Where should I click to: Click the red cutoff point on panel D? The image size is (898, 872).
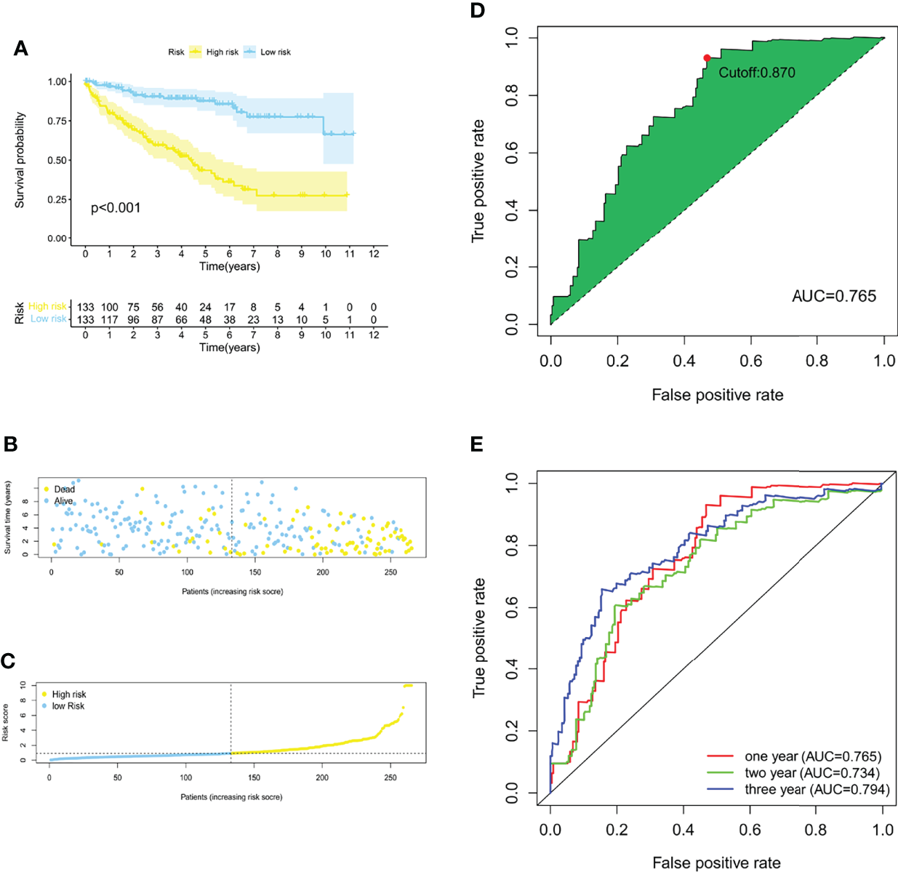point(707,58)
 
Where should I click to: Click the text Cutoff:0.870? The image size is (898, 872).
point(756,73)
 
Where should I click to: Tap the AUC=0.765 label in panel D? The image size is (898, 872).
point(834,296)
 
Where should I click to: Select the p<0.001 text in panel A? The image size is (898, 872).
point(116,208)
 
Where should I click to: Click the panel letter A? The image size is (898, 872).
point(21,49)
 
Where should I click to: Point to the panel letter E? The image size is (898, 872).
point(477,444)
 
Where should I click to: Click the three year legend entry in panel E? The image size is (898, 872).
point(816,790)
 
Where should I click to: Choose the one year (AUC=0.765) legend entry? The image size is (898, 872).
point(812,756)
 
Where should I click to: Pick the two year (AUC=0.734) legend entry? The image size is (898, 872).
point(811,773)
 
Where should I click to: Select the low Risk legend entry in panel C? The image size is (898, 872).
point(68,706)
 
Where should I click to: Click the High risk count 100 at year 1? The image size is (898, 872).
point(110,307)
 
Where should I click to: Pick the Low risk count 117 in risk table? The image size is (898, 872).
point(110,319)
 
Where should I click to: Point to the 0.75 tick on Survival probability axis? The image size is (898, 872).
point(58,121)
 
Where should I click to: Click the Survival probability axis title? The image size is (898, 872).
point(20,160)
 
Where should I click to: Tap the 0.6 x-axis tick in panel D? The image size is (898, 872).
point(751,361)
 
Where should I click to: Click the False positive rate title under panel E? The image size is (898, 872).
point(716,863)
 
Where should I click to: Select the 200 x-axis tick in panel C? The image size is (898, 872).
point(322,777)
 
